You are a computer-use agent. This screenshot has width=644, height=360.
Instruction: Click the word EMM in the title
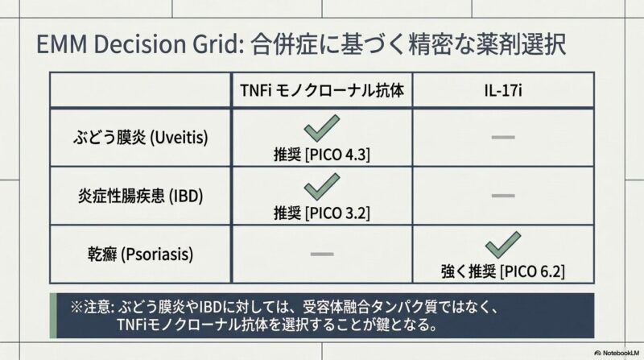[62, 44]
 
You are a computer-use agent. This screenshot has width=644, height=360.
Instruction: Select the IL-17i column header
[503, 91]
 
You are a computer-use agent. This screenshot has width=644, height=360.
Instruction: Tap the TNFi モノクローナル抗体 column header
[322, 90]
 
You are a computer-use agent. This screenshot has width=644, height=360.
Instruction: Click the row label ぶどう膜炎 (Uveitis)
[140, 137]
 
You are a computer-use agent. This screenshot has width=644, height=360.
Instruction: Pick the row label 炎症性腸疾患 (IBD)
[140, 196]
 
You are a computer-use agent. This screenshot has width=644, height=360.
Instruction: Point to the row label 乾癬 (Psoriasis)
[140, 254]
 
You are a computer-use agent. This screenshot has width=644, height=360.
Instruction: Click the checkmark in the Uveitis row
[322, 128]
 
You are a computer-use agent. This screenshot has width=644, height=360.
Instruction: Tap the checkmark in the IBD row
[322, 187]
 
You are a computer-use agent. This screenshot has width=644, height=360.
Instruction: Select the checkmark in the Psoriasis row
[503, 245]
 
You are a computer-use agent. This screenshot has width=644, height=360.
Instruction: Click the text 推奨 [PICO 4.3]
[322, 155]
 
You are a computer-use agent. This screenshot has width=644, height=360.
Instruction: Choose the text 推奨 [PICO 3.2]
[322, 213]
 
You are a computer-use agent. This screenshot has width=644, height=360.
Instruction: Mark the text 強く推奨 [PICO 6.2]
[503, 271]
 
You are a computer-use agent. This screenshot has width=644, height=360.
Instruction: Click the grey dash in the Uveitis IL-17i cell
[503, 137]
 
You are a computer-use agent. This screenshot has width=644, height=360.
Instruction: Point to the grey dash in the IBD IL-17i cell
[503, 196]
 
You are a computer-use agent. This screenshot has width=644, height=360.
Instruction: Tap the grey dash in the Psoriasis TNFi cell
[322, 254]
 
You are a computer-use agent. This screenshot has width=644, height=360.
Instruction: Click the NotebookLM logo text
[617, 353]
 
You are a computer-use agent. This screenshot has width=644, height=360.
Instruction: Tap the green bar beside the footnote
[53, 316]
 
